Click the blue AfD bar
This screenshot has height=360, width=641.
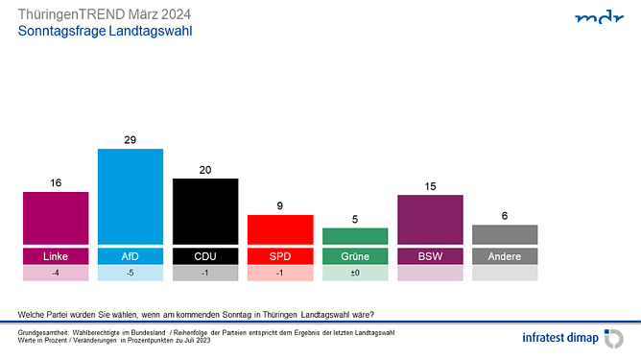(x=131, y=197)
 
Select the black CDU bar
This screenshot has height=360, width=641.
(x=205, y=211)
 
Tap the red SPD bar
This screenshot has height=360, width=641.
(x=280, y=229)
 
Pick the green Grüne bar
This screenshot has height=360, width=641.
(x=355, y=236)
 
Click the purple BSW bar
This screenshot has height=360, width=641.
(x=430, y=220)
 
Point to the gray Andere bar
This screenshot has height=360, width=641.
(x=505, y=234)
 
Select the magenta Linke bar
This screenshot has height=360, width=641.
(x=56, y=218)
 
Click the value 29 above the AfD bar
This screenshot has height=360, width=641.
(x=131, y=139)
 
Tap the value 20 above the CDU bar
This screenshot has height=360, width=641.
(x=205, y=168)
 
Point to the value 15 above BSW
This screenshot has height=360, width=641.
(x=430, y=185)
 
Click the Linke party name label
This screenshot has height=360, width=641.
(x=56, y=256)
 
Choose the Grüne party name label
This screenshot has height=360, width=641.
(x=355, y=256)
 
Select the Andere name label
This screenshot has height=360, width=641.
(x=505, y=256)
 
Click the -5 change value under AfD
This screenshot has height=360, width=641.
(x=131, y=273)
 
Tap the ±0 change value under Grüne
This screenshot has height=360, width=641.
(x=355, y=273)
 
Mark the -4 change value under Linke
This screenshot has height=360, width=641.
(x=56, y=273)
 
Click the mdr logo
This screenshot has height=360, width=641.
(x=599, y=18)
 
